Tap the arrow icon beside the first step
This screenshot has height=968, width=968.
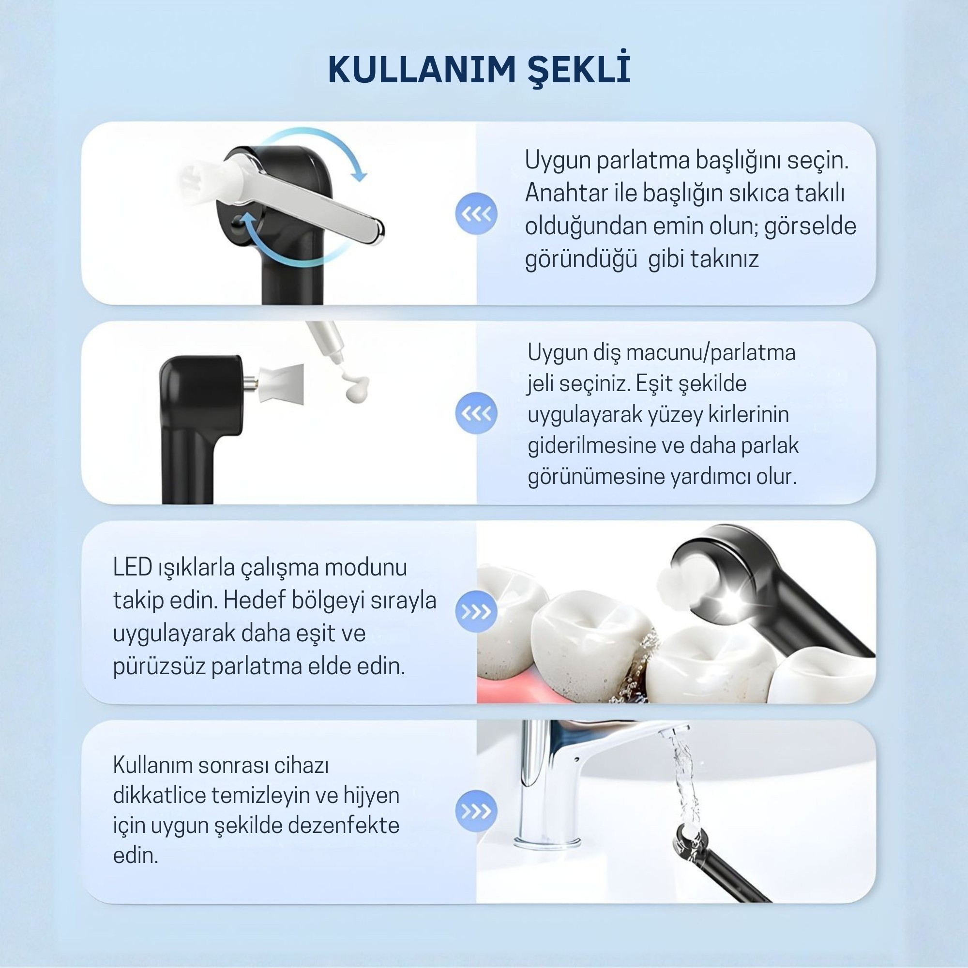[476, 214]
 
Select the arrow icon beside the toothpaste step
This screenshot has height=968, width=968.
[476, 413]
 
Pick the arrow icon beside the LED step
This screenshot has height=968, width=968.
[476, 612]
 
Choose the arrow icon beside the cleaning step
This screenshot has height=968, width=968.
[476, 811]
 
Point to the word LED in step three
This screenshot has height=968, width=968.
[133, 567]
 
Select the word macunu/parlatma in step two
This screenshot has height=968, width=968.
[711, 354]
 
